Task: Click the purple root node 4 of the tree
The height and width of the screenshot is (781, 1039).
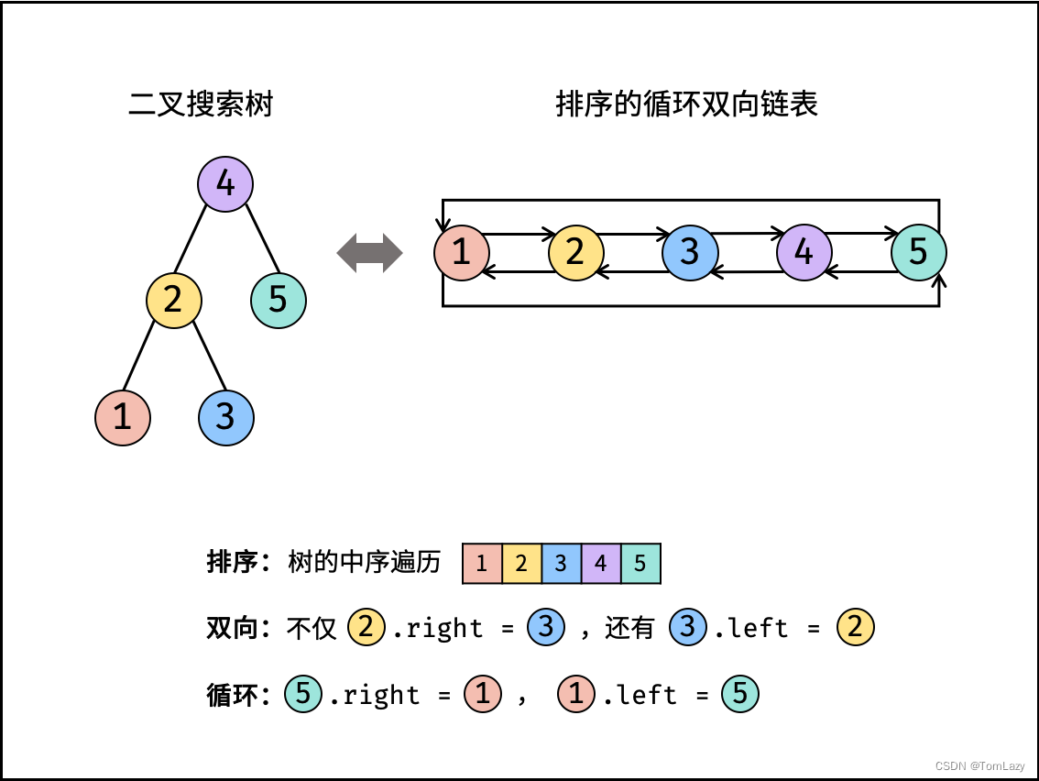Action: pos(225,184)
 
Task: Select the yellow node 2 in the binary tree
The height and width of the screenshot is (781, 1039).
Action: pos(174,300)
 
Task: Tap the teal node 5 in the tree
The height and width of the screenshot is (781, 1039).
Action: pos(279,300)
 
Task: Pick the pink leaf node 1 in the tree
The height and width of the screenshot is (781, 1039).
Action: pos(123,417)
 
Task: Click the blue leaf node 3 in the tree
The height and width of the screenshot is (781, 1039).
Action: pos(226,417)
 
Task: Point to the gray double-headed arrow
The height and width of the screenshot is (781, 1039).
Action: pos(370,253)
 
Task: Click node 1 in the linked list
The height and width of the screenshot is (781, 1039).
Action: pos(462,252)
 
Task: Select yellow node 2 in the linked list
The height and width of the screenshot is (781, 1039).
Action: pos(576,252)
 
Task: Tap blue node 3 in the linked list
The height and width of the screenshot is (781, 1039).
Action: pos(690,252)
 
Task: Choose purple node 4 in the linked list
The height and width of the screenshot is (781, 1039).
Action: pos(804,252)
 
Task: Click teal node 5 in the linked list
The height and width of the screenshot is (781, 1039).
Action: pos(918,252)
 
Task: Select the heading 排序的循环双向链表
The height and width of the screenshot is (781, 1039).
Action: pos(687,104)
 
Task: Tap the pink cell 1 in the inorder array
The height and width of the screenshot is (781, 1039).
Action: pos(482,563)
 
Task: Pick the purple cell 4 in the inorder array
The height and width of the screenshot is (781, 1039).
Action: pos(600,563)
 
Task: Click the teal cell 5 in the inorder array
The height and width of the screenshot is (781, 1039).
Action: pos(640,563)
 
